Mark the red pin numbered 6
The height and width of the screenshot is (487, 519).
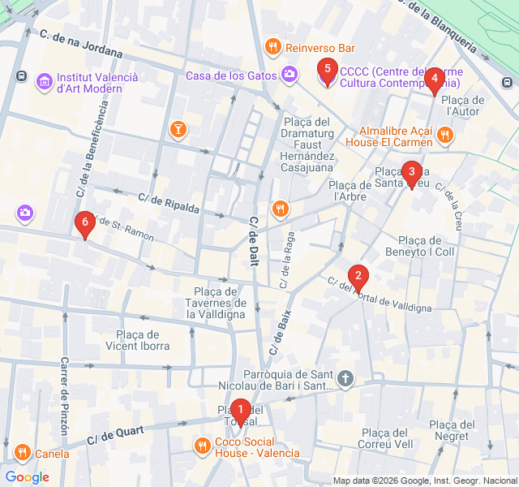(x=84, y=223)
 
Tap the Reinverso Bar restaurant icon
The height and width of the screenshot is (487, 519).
(x=273, y=48)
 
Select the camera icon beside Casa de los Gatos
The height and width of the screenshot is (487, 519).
(x=290, y=75)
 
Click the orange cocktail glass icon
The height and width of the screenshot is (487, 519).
(x=178, y=129)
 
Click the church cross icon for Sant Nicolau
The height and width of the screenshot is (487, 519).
(x=345, y=378)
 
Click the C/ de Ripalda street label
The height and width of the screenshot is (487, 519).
(x=168, y=202)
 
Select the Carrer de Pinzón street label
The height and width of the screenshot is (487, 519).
(x=64, y=398)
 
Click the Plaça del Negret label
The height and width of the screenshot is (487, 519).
(x=451, y=430)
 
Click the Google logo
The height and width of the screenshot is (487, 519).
(x=27, y=476)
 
